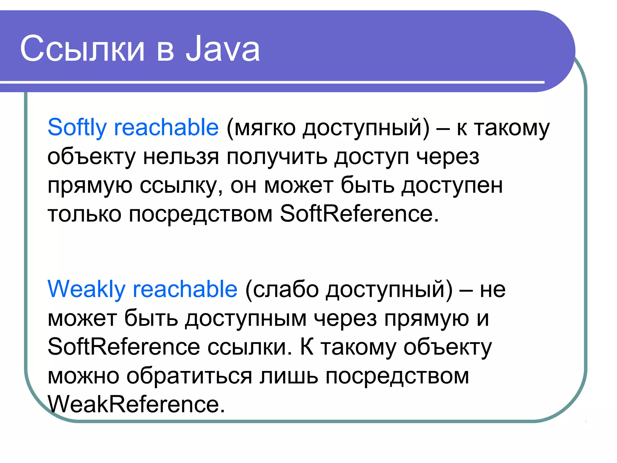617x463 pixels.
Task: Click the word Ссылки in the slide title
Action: point(82,49)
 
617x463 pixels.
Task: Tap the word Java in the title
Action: point(223,49)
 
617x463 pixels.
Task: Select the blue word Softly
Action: point(77,128)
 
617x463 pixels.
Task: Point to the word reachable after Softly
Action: point(166,128)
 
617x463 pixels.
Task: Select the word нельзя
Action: point(181,157)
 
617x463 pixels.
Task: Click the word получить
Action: point(277,157)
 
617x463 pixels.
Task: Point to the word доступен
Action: point(452,186)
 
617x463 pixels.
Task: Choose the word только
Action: point(84,215)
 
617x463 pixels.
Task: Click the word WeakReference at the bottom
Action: point(136,405)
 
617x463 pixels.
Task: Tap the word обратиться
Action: point(189,376)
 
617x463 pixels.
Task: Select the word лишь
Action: point(289,376)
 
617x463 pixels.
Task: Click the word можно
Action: point(83,376)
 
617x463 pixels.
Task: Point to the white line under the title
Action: point(271,82)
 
